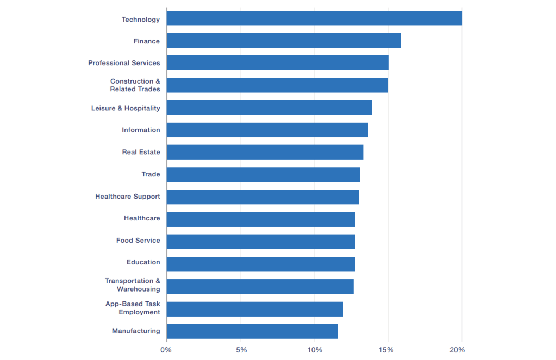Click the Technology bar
(314, 18)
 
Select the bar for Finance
(283, 41)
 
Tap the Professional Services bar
(277, 63)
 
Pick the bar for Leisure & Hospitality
(269, 108)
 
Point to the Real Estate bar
(265, 152)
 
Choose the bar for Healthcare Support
(263, 197)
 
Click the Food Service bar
(260, 242)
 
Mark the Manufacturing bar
(252, 331)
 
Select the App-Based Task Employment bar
(255, 309)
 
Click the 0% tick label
(166, 350)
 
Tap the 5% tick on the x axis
(241, 350)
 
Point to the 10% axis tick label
(314, 350)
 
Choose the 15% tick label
(387, 350)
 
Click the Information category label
(141, 130)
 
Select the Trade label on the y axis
(151, 174)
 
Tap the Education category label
(143, 262)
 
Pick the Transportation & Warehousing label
(133, 285)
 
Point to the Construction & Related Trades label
(135, 85)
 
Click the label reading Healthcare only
(142, 218)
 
